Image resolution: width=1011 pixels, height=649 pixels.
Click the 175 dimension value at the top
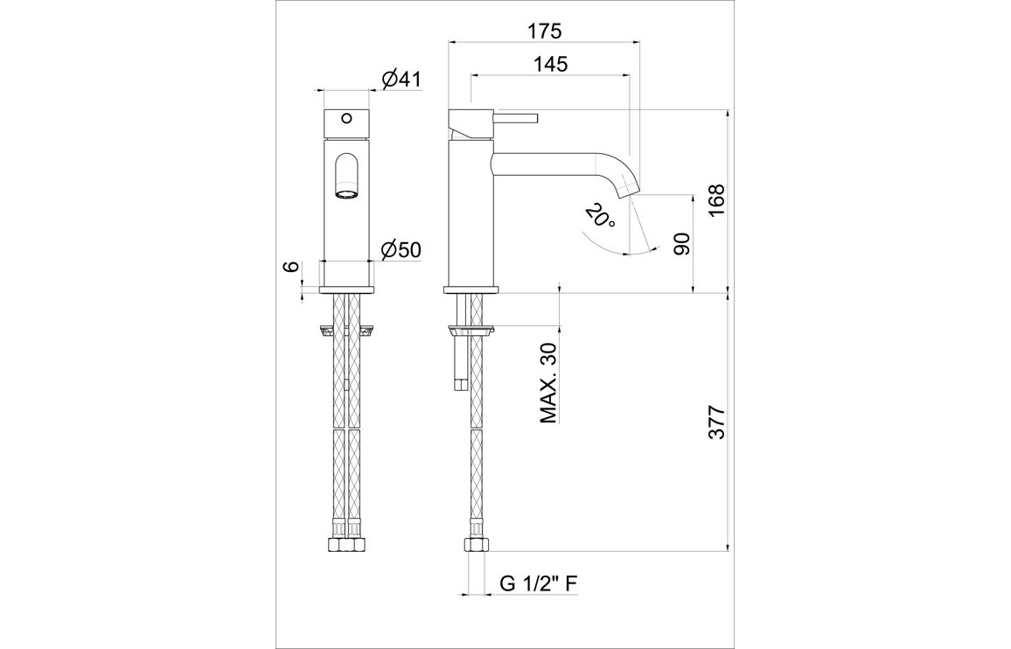pyautogui.click(x=544, y=30)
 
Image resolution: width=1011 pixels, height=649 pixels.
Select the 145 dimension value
pyautogui.click(x=551, y=64)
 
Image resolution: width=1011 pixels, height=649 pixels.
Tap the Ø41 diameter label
pyautogui.click(x=401, y=80)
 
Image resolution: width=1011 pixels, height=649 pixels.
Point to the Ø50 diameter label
pyautogui.click(x=401, y=249)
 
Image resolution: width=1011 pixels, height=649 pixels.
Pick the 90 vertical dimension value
pyautogui.click(x=681, y=244)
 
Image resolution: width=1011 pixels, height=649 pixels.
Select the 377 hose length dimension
pyautogui.click(x=716, y=422)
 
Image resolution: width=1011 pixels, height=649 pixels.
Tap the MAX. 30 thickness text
pyautogui.click(x=548, y=383)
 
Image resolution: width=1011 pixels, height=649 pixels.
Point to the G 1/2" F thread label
pyautogui.click(x=539, y=584)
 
